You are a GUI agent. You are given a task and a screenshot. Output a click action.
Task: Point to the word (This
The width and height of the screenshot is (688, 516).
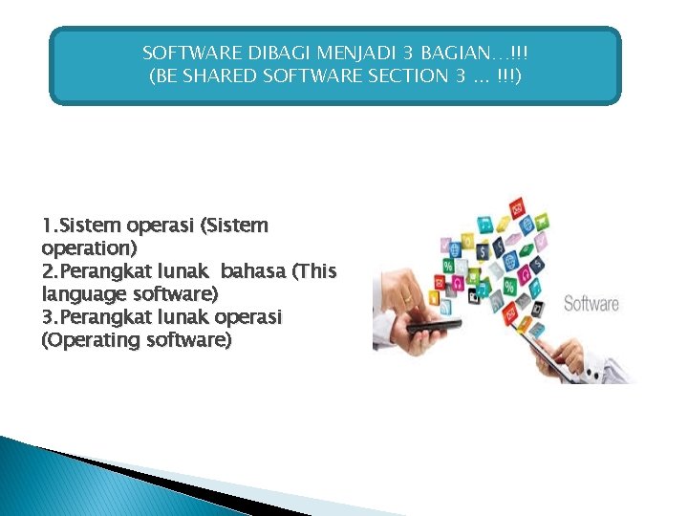pos(314,270)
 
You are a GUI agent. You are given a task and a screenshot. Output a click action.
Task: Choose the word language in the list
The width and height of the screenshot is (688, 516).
pos(83,293)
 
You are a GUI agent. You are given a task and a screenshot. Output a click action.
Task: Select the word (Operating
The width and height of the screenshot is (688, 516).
pos(93,339)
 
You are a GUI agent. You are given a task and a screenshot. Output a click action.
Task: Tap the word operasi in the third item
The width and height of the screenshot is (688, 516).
pos(250,316)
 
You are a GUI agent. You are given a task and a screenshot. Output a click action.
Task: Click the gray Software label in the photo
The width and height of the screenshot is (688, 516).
pos(591,304)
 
